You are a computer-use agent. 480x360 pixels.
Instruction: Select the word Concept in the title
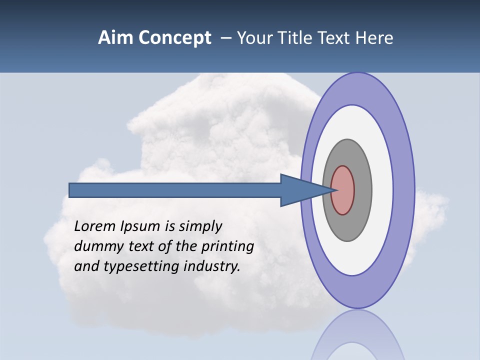tap(175, 38)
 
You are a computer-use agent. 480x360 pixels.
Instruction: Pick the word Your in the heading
tap(254, 38)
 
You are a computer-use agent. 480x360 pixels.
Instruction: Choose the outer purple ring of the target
tap(403, 190)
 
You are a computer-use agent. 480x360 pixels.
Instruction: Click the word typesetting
tap(142, 266)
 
